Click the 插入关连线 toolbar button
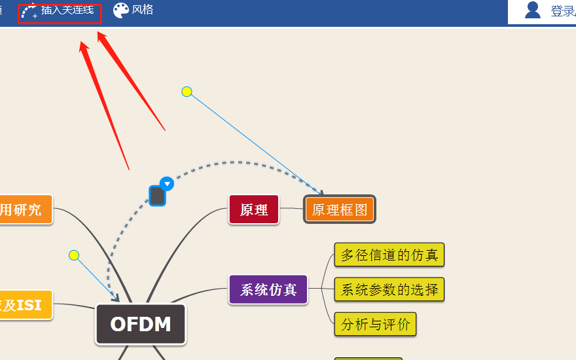[60, 12]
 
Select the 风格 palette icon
[121, 10]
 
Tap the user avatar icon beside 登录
[533, 10]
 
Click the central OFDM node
[141, 324]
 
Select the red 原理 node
[254, 209]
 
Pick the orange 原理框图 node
[339, 209]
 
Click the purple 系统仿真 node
[268, 289]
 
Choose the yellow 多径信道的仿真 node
[389, 255]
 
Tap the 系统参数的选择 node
[389, 289]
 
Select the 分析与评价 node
[375, 323]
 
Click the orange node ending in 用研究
[23, 209]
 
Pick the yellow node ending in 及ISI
[23, 305]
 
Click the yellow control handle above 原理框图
[187, 92]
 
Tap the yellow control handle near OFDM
[74, 255]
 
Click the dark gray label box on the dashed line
[157, 195]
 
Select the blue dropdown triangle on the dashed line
[167, 183]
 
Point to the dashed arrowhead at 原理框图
[321, 192]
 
